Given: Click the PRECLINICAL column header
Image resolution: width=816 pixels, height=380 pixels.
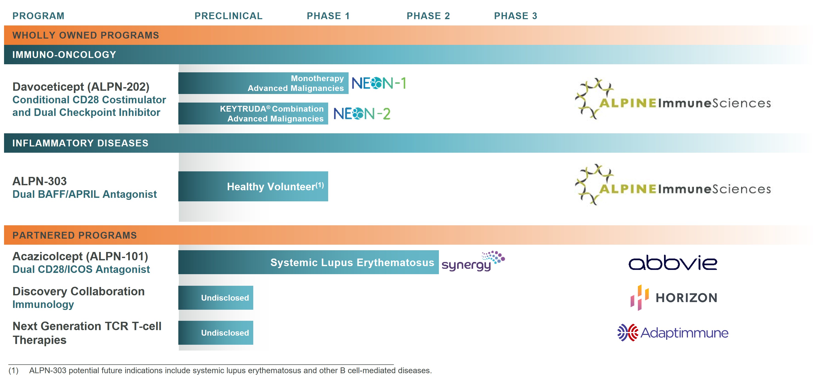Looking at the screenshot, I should [228, 16].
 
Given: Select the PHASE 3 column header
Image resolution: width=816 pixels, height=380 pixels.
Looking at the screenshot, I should [515, 16].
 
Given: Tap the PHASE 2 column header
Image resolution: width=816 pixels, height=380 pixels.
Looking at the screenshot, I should [428, 16].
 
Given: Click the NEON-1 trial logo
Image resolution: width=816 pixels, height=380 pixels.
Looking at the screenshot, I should [379, 83].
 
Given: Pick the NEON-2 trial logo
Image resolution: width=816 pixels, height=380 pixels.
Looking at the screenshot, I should [362, 114].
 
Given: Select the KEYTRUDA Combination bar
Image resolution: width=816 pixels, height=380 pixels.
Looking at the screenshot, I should [253, 114].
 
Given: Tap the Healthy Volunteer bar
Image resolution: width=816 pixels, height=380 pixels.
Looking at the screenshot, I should [253, 186].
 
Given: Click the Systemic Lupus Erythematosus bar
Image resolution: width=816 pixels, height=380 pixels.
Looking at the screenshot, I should [308, 262].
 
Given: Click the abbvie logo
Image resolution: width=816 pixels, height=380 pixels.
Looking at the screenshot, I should [672, 263].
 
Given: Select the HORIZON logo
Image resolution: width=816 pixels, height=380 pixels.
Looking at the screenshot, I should [673, 297].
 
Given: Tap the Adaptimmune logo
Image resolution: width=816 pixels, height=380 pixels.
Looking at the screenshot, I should [673, 333].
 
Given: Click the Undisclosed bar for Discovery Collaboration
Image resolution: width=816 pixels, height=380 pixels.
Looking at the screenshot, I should [215, 298].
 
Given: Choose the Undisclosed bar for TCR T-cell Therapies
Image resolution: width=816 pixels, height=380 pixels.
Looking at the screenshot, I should [215, 333].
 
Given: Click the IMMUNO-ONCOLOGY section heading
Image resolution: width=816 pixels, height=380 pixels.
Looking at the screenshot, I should [64, 55].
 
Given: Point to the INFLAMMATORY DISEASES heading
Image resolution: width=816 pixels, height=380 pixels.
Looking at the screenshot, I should [80, 143].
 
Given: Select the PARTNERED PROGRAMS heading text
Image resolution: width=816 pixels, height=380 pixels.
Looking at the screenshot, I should [74, 235].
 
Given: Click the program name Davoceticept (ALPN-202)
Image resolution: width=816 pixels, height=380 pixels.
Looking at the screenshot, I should [81, 87].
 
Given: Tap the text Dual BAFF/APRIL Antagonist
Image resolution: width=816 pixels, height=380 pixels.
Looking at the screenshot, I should [85, 194].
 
